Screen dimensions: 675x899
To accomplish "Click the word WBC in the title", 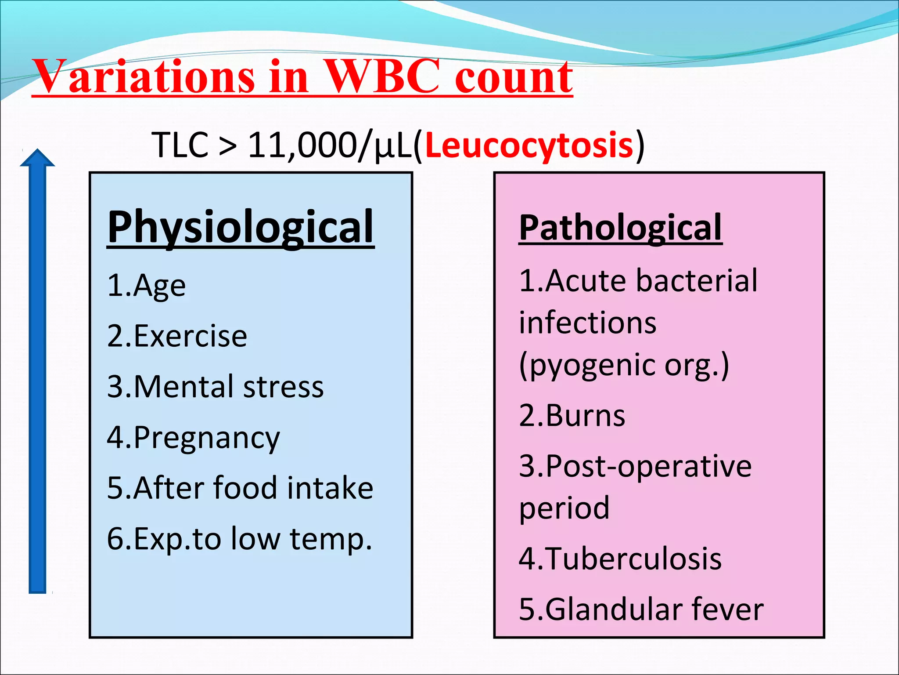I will [x=382, y=77].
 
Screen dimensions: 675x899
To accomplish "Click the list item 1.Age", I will [x=146, y=286].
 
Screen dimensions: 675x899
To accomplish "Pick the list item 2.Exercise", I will [x=177, y=336].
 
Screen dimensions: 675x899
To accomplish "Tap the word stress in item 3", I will [x=283, y=387].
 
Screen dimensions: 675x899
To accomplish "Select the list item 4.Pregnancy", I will [x=193, y=438].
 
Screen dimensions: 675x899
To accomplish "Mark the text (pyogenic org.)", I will [x=624, y=365].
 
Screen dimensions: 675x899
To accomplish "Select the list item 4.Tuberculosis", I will [x=620, y=559].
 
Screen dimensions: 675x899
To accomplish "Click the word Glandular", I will [x=615, y=610].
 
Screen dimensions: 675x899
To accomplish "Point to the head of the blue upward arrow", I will [x=38, y=158].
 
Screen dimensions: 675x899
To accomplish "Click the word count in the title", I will [x=514, y=77].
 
